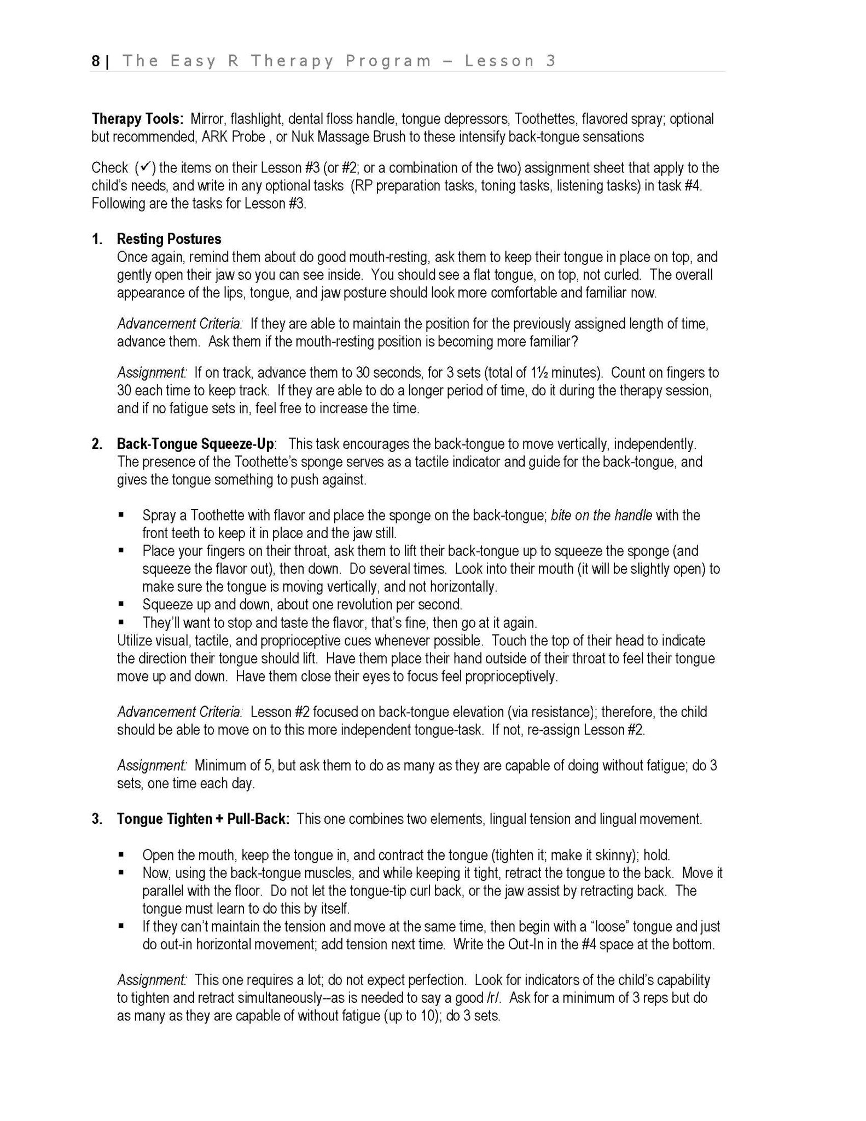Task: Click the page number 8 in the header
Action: coord(96,61)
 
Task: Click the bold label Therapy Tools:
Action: coord(137,119)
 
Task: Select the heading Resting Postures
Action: coord(168,239)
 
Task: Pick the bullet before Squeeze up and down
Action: coord(121,604)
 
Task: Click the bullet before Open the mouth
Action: coord(121,854)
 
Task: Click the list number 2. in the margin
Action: coord(97,443)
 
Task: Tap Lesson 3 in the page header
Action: coord(510,61)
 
